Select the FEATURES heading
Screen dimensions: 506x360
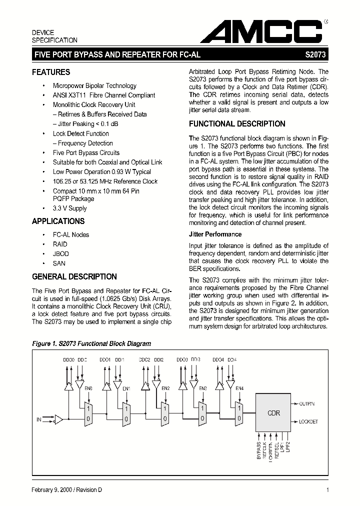click(x=51, y=72)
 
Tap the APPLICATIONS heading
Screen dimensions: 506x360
click(x=58, y=221)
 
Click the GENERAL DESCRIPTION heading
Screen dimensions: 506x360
click(x=74, y=276)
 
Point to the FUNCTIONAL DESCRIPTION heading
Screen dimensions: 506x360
click(x=237, y=123)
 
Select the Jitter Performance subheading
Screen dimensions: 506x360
click(x=215, y=234)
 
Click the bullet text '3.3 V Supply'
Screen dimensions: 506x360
click(x=69, y=208)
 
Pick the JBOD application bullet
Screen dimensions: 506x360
click(x=60, y=253)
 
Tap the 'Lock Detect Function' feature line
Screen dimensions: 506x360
click(x=80, y=133)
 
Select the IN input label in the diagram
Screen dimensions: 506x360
click(x=38, y=419)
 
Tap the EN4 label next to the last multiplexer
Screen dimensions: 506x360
click(x=239, y=388)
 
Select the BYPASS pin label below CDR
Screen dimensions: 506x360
click(x=258, y=450)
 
